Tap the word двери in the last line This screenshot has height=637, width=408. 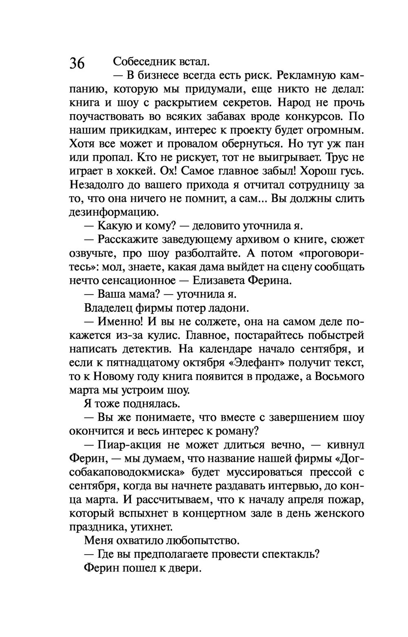point(189,568)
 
